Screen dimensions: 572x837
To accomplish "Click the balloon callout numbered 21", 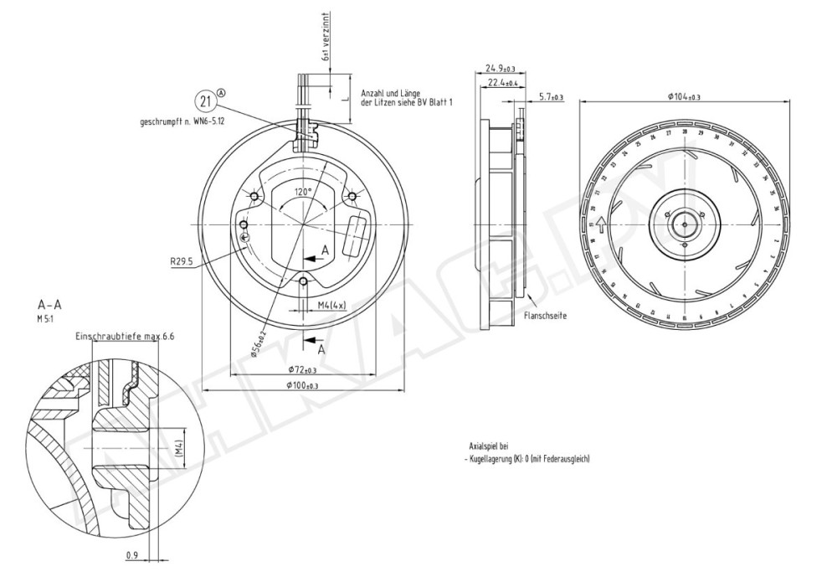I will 206,100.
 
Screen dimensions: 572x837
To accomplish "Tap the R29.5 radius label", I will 182,261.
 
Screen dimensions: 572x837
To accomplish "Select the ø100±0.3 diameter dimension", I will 303,385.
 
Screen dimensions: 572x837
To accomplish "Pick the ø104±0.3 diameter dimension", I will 684,97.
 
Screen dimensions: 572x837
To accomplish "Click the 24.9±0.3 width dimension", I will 501,68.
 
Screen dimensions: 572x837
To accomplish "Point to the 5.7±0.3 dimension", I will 551,97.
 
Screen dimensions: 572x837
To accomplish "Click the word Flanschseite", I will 542,316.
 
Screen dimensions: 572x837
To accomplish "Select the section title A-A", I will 48,305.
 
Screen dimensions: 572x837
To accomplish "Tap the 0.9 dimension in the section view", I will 132,554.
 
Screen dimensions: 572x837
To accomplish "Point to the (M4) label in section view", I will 179,451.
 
